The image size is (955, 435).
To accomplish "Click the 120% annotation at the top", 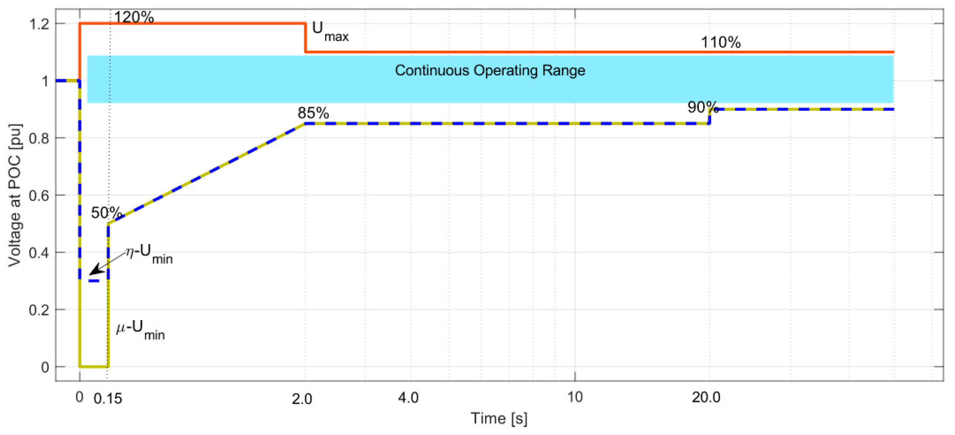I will pyautogui.click(x=134, y=17).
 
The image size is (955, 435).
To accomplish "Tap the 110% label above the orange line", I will pyautogui.click(x=720, y=42).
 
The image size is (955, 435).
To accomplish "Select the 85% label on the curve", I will pyautogui.click(x=313, y=113).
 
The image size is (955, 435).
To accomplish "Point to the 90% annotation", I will pyautogui.click(x=703, y=107).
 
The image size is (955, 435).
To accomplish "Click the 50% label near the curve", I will pyautogui.click(x=106, y=213).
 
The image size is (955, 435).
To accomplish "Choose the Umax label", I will pyautogui.click(x=330, y=31).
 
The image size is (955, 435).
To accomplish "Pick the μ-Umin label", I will pyautogui.click(x=141, y=330).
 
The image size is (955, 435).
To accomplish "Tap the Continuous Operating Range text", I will pyautogui.click(x=490, y=70).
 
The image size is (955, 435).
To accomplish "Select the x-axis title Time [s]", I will pyautogui.click(x=499, y=419).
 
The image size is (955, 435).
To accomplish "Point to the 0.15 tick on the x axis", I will pyautogui.click(x=108, y=399).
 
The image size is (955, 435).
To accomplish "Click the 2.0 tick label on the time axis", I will pyautogui.click(x=302, y=399).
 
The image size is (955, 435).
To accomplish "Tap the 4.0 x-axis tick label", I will pyautogui.click(x=408, y=398).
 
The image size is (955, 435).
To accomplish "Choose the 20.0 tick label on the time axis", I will pyautogui.click(x=706, y=397).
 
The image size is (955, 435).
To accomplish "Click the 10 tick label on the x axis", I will pyautogui.click(x=575, y=397).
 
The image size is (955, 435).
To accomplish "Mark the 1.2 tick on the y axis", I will pyautogui.click(x=39, y=25).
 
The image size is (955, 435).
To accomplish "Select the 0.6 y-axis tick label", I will pyautogui.click(x=39, y=196).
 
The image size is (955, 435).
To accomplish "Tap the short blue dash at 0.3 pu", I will pyautogui.click(x=94, y=281).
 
